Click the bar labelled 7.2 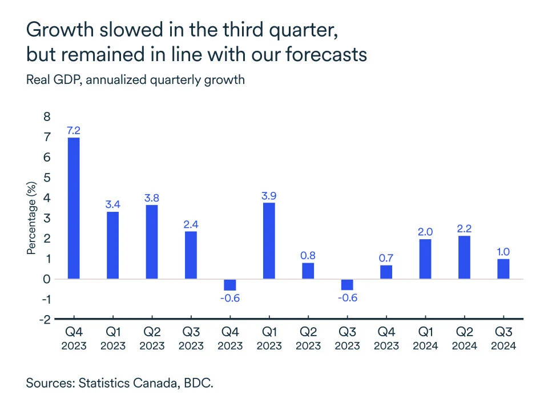click(x=74, y=208)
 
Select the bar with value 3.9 click(x=269, y=241)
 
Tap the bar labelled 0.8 click(x=308, y=271)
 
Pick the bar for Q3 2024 click(x=503, y=269)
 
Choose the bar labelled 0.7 click(x=386, y=272)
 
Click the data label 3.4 click(x=113, y=204)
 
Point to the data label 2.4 click(x=191, y=223)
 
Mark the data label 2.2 click(x=464, y=228)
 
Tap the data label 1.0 click(x=503, y=251)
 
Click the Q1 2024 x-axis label click(x=425, y=338)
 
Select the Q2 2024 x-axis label click(x=464, y=338)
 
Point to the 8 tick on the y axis click(x=47, y=116)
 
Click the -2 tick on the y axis click(x=45, y=319)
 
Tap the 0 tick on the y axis click(x=47, y=279)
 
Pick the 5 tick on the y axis click(x=47, y=178)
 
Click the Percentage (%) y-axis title click(x=31, y=218)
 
